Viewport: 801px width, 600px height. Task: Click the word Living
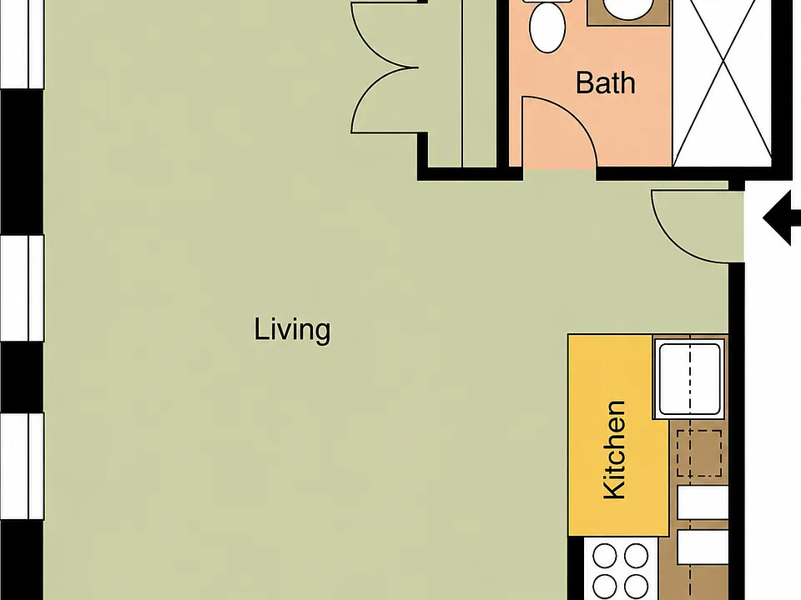(x=292, y=331)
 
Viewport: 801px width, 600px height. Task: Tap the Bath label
(x=606, y=82)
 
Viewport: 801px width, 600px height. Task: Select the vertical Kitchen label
(x=614, y=449)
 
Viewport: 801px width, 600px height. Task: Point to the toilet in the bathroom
(x=547, y=26)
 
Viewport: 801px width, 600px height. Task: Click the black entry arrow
(x=782, y=218)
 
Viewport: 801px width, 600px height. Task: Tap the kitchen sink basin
(x=690, y=378)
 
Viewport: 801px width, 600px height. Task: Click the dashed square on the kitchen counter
(x=699, y=453)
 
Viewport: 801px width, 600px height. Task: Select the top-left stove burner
(x=605, y=556)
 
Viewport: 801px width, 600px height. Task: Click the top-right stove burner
(x=637, y=556)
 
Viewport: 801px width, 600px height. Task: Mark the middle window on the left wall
(x=22, y=288)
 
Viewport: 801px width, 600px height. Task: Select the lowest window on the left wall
(x=22, y=467)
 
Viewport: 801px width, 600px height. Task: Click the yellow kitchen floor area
(x=618, y=435)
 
